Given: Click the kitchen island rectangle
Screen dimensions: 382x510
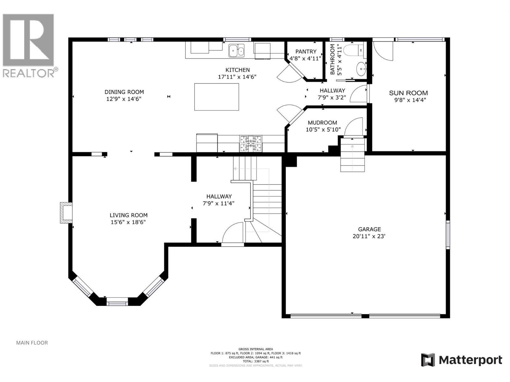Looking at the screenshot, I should click(x=216, y=97).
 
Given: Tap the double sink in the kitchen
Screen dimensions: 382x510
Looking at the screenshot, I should click(x=237, y=50).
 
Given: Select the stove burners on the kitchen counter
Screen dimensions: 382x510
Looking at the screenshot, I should click(x=251, y=143).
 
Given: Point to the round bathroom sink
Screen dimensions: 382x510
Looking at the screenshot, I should click(x=361, y=69).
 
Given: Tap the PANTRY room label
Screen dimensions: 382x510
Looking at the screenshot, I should click(x=306, y=52).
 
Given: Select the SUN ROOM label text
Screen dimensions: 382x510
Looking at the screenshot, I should click(x=408, y=93).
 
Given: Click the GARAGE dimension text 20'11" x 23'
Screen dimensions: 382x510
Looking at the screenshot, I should click(x=369, y=236).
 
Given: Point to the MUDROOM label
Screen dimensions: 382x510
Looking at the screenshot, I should click(x=322, y=123).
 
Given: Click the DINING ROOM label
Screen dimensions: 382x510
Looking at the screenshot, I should click(x=124, y=92).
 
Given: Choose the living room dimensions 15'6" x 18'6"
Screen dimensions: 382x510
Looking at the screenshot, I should click(x=128, y=222).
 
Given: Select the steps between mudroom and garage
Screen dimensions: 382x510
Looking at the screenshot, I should click(x=352, y=155).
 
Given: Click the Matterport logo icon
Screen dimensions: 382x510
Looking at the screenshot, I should click(x=428, y=360).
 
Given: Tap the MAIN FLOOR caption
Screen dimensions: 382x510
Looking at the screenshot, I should click(x=32, y=343).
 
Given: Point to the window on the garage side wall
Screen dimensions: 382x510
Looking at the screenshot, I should click(x=448, y=235).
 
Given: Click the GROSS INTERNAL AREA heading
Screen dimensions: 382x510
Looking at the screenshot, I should click(x=256, y=349).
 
